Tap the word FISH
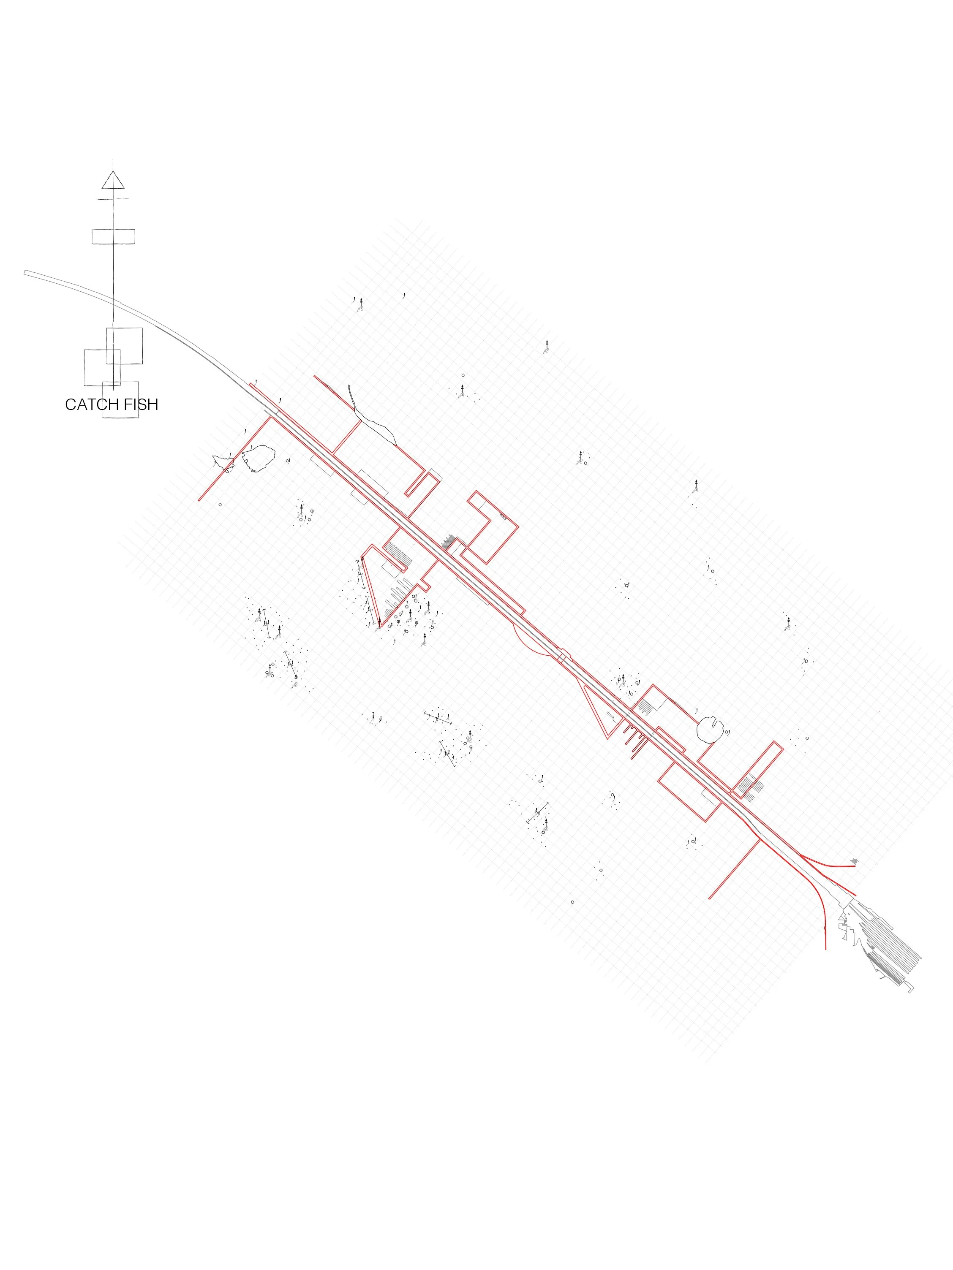click(x=141, y=405)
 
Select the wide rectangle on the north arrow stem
click(x=113, y=236)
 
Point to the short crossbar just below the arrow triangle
click(x=113, y=199)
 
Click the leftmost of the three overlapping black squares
click(x=102, y=367)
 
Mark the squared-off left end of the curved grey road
click(x=26, y=273)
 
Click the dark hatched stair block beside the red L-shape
click(x=449, y=541)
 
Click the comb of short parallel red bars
click(x=635, y=741)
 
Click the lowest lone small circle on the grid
click(x=572, y=902)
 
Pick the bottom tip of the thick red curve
click(x=825, y=948)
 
